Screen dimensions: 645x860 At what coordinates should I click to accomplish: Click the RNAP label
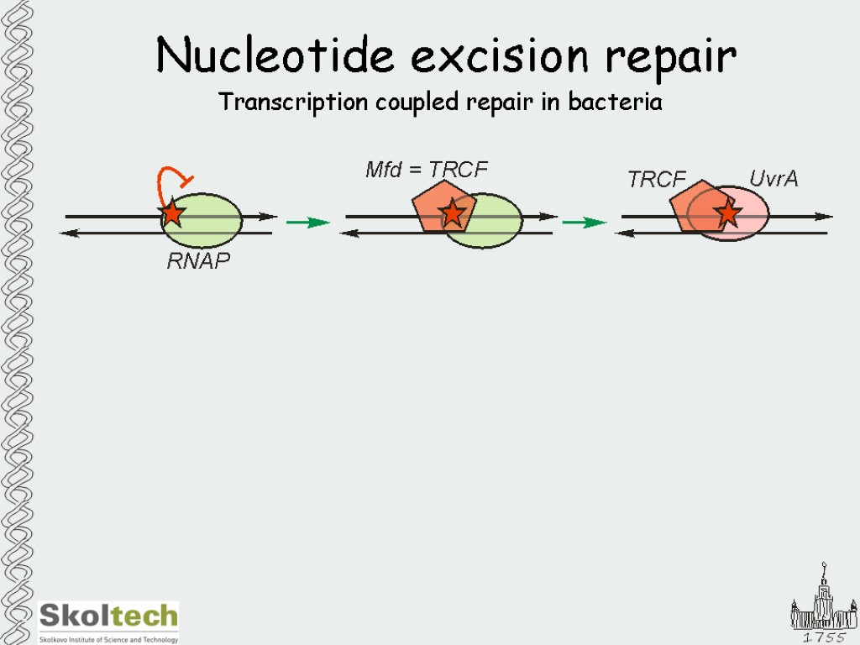click(198, 261)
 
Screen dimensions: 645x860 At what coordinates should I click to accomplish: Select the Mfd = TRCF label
click(426, 170)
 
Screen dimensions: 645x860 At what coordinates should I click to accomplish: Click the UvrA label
click(773, 179)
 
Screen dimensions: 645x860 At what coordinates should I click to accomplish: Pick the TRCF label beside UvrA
click(657, 180)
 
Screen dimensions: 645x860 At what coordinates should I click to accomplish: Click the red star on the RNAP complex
click(172, 213)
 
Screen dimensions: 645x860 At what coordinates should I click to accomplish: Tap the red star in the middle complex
click(453, 213)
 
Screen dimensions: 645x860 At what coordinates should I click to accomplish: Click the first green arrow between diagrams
click(307, 223)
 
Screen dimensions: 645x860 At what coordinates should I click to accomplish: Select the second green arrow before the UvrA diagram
click(584, 223)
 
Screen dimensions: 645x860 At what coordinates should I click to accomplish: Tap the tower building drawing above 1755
click(823, 600)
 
